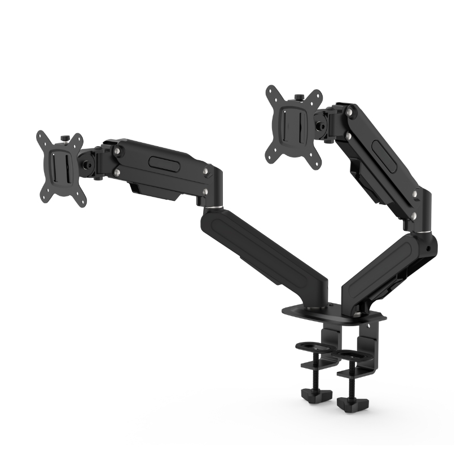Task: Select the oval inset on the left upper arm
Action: pyautogui.click(x=164, y=161)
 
